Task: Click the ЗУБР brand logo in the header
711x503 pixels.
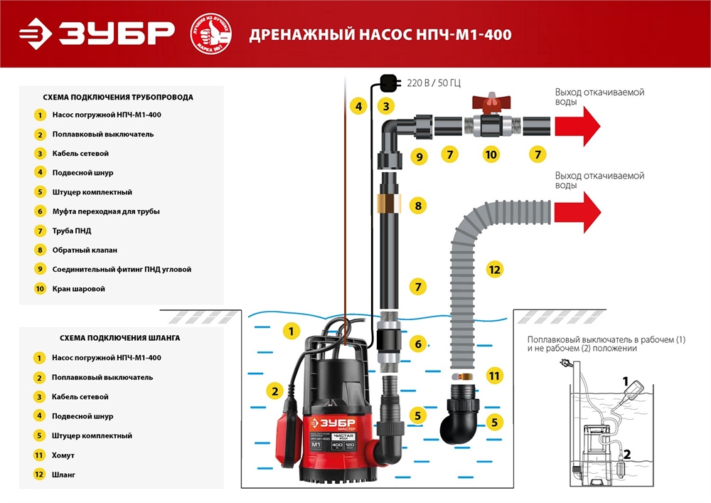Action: tap(97, 33)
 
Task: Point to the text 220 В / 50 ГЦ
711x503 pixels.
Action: tap(433, 83)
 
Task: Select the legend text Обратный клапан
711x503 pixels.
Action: tap(85, 250)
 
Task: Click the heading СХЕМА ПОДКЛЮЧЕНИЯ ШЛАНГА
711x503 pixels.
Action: tap(112, 338)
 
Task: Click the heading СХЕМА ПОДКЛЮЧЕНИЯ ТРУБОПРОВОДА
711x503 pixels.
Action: tap(118, 97)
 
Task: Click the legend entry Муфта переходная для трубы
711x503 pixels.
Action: tap(106, 211)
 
